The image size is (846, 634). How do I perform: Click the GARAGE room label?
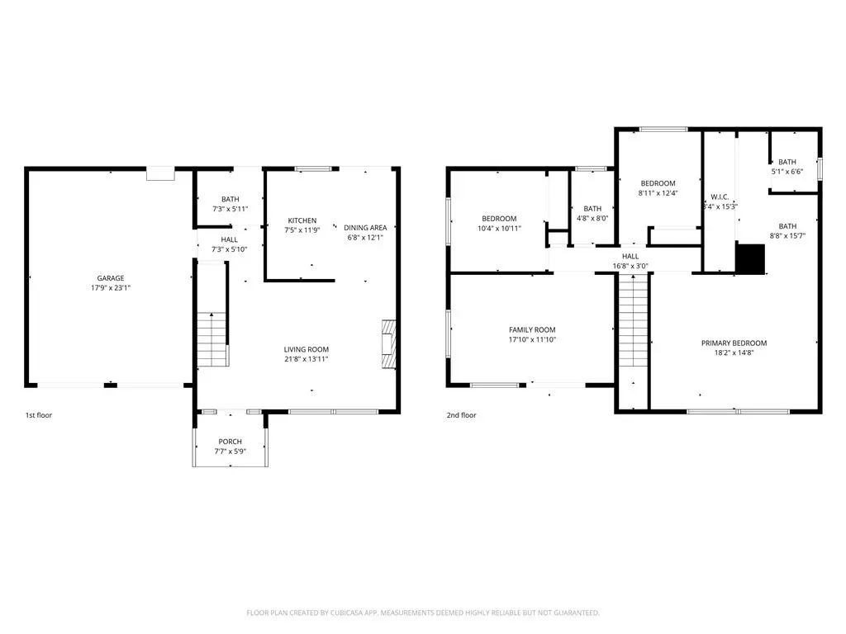111,278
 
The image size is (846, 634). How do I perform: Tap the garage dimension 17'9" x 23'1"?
111,288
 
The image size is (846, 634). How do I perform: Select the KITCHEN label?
302,220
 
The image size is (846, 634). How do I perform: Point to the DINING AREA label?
365,228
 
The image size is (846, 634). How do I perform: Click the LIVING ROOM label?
307,349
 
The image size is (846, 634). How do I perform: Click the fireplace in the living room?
389,344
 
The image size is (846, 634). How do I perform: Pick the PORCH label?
231,442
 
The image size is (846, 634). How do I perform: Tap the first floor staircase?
212,339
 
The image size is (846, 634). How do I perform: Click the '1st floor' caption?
39,415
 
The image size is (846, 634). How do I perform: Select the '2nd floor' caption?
461,415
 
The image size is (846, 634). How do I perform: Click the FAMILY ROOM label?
532,330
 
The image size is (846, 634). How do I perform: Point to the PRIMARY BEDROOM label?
734,343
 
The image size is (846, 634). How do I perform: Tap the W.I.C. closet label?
720,196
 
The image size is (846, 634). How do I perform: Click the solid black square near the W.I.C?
750,258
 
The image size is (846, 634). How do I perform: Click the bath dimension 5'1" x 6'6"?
787,172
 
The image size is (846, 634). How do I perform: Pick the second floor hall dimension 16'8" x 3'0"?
630,266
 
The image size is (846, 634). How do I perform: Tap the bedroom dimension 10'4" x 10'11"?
499,229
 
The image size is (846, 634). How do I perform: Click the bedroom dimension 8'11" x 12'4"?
658,193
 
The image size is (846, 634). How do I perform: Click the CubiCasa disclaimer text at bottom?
423,613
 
